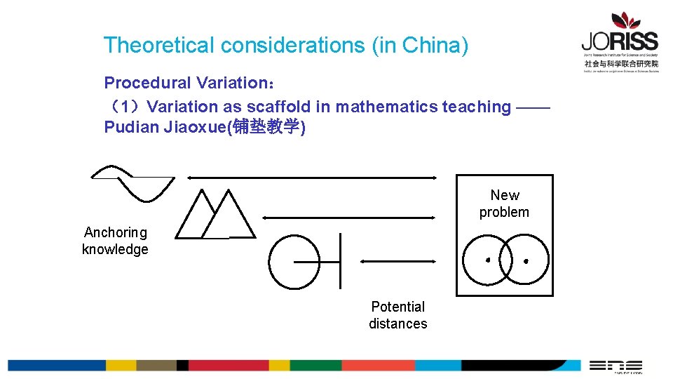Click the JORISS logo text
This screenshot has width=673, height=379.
(x=619, y=41)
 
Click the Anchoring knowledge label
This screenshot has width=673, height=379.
(x=116, y=241)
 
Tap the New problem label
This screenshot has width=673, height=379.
(x=504, y=204)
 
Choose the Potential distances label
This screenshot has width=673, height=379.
(x=398, y=315)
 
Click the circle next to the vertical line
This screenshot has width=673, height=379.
(x=294, y=261)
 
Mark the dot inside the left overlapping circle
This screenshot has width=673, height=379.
(x=488, y=260)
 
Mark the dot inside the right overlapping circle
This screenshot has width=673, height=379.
(x=526, y=261)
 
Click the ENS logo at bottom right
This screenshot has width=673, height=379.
(x=616, y=366)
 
